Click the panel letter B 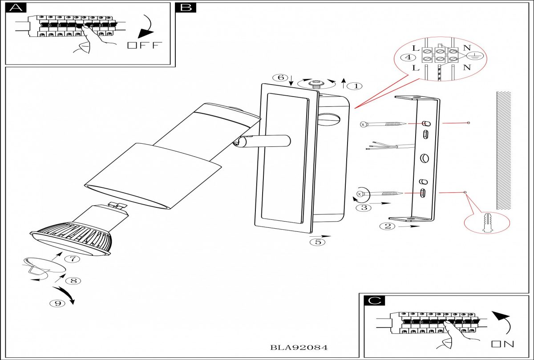[186, 8]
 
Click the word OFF [145, 45]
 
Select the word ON [502, 344]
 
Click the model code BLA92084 [299, 348]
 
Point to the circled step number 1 [356, 86]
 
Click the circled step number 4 [408, 57]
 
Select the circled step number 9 [57, 303]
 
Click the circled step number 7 [73, 259]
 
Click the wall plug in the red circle [487, 222]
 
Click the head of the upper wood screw [363, 124]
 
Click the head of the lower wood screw [360, 194]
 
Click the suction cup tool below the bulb [44, 267]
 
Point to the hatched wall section [504, 150]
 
